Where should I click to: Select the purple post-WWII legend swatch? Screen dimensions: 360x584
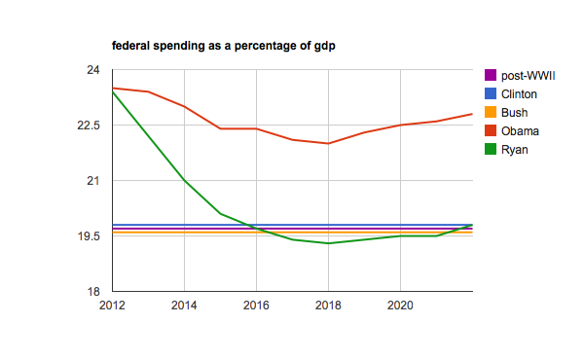tap(492, 75)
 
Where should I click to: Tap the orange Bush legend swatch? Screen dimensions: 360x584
tap(492, 112)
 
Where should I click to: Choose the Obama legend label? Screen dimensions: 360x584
tap(521, 130)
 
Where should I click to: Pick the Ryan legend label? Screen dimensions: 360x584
tap(515, 149)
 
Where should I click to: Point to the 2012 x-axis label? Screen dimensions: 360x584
tap(113, 305)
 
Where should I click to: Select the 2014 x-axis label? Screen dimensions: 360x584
tap(185, 305)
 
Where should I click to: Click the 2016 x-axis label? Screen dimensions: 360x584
tap(256, 305)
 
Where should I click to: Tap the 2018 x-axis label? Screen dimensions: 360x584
tap(328, 305)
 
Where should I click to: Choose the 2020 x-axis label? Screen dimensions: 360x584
tap(400, 305)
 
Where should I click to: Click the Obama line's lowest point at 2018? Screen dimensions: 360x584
tap(328, 143)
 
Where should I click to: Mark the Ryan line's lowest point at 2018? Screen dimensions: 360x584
tap(328, 243)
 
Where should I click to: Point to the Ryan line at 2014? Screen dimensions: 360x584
tap(185, 181)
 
